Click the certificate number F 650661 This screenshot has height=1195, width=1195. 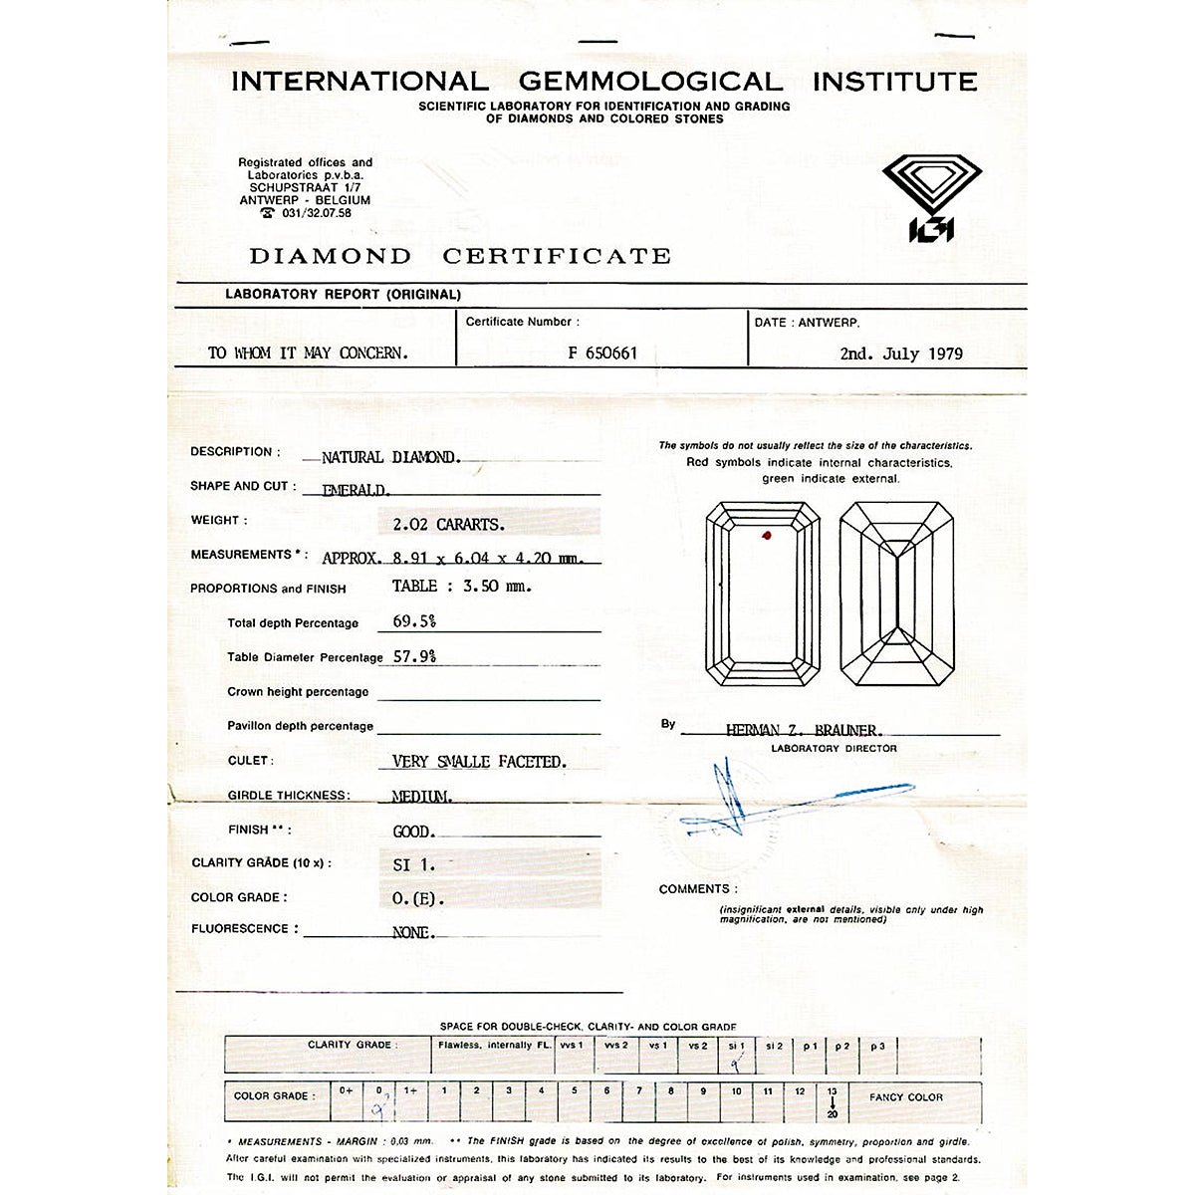coord(602,353)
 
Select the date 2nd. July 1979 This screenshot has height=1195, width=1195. coord(900,354)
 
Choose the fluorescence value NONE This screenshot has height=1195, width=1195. coord(413,933)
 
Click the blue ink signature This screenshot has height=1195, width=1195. coord(787,802)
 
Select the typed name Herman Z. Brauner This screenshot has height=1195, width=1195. coord(803,730)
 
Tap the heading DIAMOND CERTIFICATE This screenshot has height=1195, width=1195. coord(460,256)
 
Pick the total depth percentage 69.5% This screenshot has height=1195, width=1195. coord(414,621)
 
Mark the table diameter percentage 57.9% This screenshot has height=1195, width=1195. coord(414,656)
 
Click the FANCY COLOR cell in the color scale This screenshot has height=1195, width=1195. coord(905,1097)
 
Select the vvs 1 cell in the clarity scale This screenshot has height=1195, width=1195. coord(572,1046)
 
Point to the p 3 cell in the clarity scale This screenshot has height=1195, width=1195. coord(877,1047)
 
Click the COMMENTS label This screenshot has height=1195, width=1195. coord(698,888)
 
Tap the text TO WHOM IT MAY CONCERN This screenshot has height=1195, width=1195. coord(308,354)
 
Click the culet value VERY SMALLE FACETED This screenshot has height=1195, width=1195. coord(479,762)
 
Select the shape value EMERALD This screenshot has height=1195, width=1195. coord(357,490)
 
